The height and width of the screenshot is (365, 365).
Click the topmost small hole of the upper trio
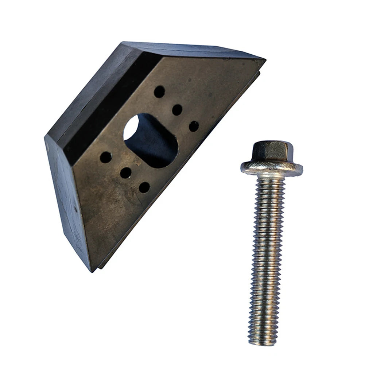[x=159, y=92]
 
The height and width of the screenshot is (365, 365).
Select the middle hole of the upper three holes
[x=177, y=109]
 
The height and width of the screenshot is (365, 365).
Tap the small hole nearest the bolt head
[x=194, y=126]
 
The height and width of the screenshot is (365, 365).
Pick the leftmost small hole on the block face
[x=106, y=157]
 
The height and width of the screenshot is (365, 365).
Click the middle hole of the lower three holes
[x=126, y=172]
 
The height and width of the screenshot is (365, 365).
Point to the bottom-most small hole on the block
[x=144, y=187]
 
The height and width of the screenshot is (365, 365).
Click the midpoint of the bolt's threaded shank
[x=266, y=255]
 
